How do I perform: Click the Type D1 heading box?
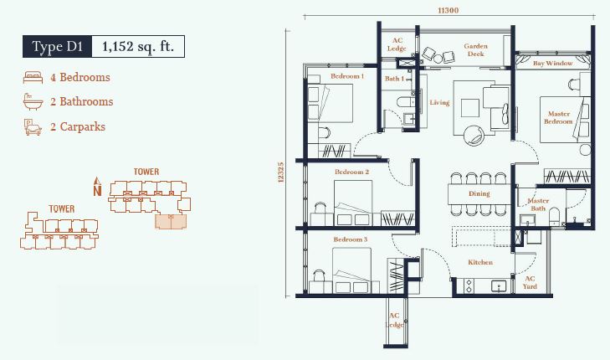point(57,47)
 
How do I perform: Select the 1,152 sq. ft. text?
point(138,47)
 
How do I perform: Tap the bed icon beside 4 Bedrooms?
point(33,78)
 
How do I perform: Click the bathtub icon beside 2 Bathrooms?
point(33,101)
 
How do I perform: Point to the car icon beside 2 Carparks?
point(33,127)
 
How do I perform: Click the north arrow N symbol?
point(97,187)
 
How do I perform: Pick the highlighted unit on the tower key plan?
point(171,221)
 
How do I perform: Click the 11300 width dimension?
point(449,11)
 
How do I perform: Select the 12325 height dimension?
point(281,172)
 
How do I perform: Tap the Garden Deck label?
point(475,50)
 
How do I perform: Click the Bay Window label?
point(552,63)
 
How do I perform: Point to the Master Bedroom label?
point(558,117)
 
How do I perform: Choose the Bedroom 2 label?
point(351,172)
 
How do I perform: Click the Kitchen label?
point(480,262)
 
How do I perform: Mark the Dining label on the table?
point(479,193)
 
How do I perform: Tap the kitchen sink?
point(499,286)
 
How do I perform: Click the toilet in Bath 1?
point(406,102)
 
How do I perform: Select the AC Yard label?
point(530,282)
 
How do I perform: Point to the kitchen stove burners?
point(469,286)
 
